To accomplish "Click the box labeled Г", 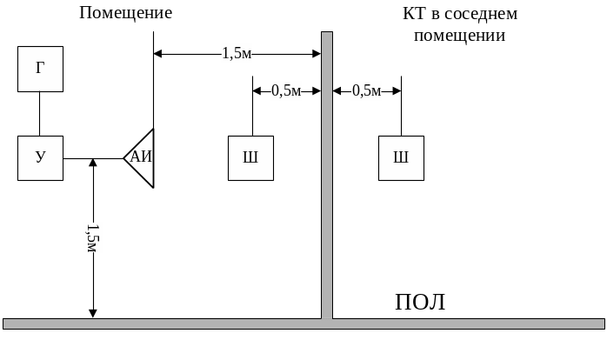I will pyautogui.click(x=40, y=70).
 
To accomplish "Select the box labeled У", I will pyautogui.click(x=40, y=158).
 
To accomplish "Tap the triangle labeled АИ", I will pyautogui.click(x=142, y=157).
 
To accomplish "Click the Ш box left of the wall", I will pyautogui.click(x=250, y=158).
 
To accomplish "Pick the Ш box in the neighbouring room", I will pyautogui.click(x=401, y=158).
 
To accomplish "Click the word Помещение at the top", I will pyautogui.click(x=126, y=13).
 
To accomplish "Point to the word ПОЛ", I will pyautogui.click(x=420, y=303).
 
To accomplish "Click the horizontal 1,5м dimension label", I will pyautogui.click(x=237, y=54).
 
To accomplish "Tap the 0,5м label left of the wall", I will pyautogui.click(x=286, y=90).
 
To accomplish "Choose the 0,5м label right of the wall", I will pyautogui.click(x=366, y=90).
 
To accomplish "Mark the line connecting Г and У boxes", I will pyautogui.click(x=40, y=113).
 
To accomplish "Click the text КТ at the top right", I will pyautogui.click(x=413, y=13).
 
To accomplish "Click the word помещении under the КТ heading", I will pyautogui.click(x=459, y=36).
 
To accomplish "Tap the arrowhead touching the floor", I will pyautogui.click(x=93, y=312).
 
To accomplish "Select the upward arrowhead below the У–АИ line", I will pyautogui.click(x=93, y=164).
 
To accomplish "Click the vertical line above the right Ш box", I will pyautogui.click(x=401, y=109).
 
